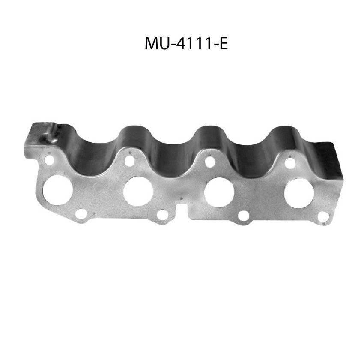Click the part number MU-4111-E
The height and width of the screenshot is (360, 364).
[186, 43]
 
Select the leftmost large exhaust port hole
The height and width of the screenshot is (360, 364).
[57, 190]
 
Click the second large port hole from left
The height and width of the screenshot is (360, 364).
[138, 191]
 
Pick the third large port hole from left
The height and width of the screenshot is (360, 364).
[219, 192]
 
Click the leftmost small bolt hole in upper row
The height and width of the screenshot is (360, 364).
[49, 160]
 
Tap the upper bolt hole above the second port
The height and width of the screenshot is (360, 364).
[129, 161]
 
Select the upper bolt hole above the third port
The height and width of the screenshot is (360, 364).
[210, 162]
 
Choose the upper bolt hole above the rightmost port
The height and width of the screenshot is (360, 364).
[290, 163]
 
